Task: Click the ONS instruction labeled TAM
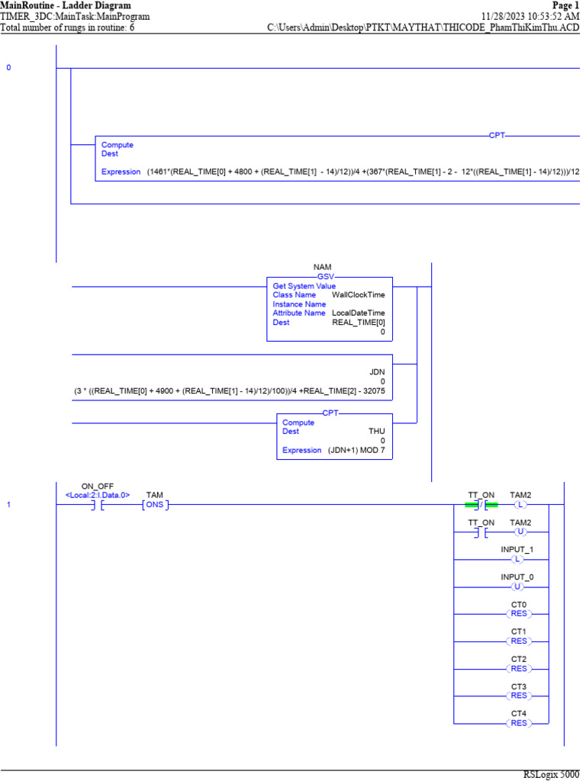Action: (155, 505)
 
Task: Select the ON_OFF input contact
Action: (97, 505)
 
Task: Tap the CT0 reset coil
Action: (520, 613)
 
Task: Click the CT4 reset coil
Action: (520, 723)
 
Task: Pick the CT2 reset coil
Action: (520, 668)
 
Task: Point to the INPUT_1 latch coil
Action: (520, 559)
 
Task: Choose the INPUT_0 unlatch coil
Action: (520, 587)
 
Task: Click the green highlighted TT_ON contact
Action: (481, 505)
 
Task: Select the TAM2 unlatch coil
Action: (520, 532)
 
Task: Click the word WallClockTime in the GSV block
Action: (358, 294)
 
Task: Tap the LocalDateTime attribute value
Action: (358, 313)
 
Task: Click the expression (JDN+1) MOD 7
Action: (357, 450)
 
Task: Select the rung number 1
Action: (9, 505)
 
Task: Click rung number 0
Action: (9, 68)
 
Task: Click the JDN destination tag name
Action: (377, 371)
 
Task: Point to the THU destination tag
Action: (377, 431)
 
